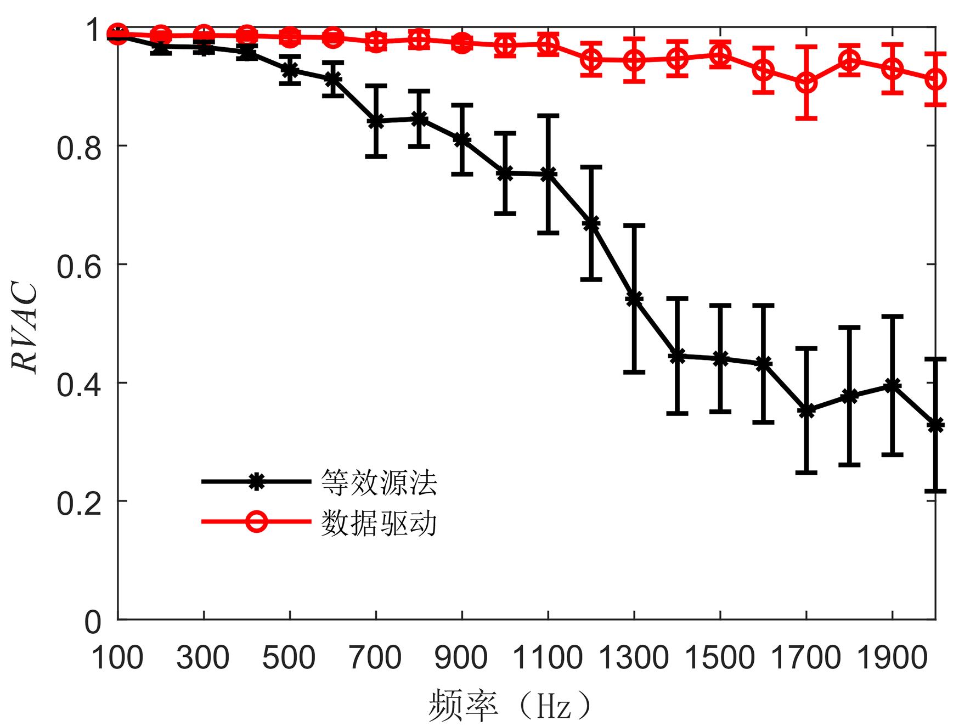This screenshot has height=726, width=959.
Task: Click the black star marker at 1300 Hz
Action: point(634,299)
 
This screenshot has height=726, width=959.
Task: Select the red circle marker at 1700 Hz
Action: point(806,83)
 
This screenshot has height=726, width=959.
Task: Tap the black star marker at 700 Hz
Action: point(376,122)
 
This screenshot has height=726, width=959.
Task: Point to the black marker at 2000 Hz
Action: point(935,425)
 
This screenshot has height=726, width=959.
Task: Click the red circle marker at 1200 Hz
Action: point(591,59)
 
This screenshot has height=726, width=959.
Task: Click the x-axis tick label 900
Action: point(462,657)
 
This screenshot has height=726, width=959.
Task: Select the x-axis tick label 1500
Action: point(720,657)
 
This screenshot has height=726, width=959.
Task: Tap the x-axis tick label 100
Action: point(117,657)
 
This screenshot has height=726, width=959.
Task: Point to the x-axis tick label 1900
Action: point(892,657)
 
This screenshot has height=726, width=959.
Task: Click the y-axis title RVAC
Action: point(26,328)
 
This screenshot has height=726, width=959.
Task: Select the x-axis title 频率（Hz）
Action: point(510,705)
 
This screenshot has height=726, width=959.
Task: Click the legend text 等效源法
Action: point(379,482)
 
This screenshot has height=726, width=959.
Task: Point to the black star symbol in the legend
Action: point(256,481)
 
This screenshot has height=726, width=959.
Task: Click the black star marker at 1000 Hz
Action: point(505,173)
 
